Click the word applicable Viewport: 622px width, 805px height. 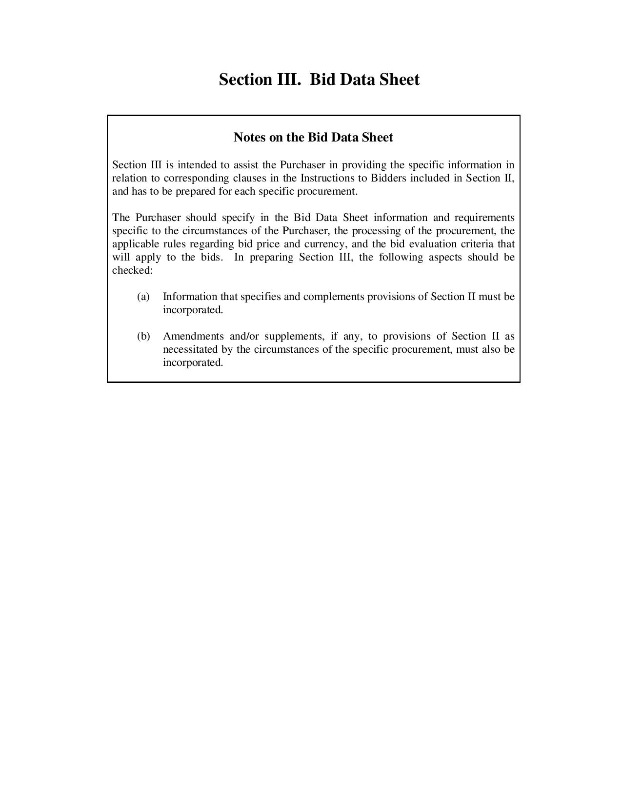[136, 244]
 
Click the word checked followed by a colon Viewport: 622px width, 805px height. [132, 270]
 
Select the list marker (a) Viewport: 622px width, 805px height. [143, 297]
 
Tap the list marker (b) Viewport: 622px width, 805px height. [143, 336]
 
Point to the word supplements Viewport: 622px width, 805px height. [293, 336]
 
